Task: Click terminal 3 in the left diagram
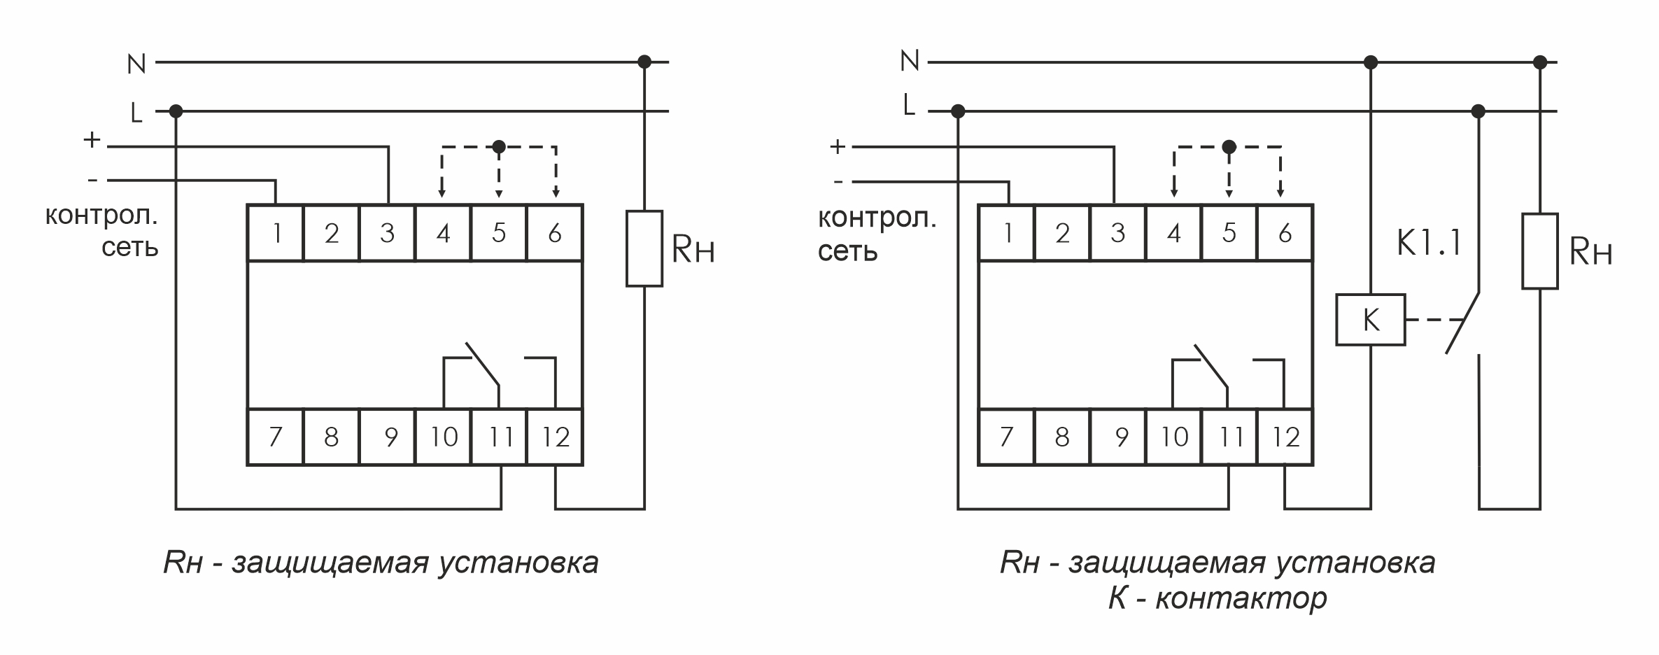click(x=387, y=233)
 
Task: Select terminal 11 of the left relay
click(x=499, y=437)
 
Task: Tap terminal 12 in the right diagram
click(x=1285, y=437)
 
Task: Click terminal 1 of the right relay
click(x=1007, y=233)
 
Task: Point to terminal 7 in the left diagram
click(x=275, y=437)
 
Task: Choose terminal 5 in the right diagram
click(x=1229, y=233)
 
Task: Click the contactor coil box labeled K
click(x=1370, y=320)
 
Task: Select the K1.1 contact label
click(x=1429, y=244)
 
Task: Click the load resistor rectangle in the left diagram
click(x=644, y=248)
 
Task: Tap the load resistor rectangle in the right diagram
click(x=1539, y=251)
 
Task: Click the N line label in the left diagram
click(x=136, y=64)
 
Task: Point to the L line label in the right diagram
click(x=909, y=105)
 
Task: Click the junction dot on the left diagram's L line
click(x=176, y=111)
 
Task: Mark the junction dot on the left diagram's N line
click(x=644, y=62)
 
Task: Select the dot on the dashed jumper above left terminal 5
click(x=499, y=147)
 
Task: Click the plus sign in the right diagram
click(x=838, y=147)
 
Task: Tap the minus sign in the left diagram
click(x=93, y=181)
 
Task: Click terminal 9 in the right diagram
click(x=1121, y=437)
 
